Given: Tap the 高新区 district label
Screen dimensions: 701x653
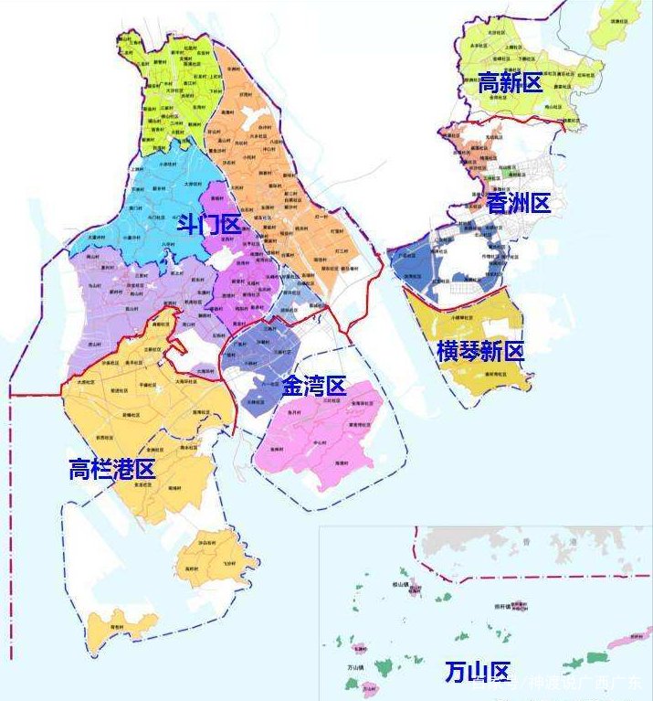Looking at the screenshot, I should [510, 83].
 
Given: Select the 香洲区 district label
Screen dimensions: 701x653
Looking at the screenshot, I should [518, 203].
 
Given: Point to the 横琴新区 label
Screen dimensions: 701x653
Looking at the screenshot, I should [480, 351].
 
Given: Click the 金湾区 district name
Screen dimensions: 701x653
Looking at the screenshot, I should [313, 387].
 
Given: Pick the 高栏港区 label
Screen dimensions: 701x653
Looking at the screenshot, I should [112, 470].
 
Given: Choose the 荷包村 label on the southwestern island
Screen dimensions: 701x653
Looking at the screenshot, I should [117, 627].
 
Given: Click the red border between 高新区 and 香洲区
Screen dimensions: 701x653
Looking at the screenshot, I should [511, 120].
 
